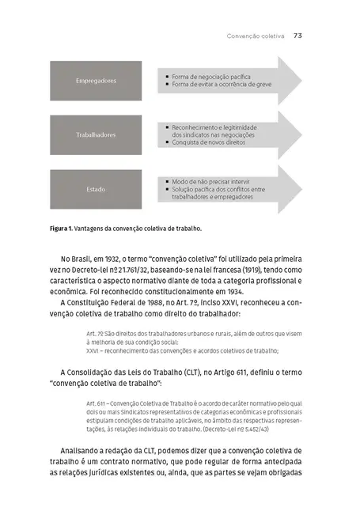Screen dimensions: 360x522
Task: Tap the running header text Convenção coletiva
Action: click(x=256, y=36)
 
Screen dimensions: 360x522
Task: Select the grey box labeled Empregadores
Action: click(x=95, y=81)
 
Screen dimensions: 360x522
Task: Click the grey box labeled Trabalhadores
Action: click(x=95, y=134)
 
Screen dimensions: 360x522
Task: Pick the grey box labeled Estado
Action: click(x=95, y=189)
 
